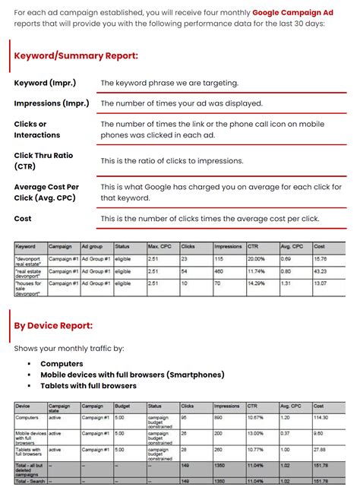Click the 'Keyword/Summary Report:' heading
(76, 55)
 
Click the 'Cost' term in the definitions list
(23, 219)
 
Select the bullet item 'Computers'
(62, 364)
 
